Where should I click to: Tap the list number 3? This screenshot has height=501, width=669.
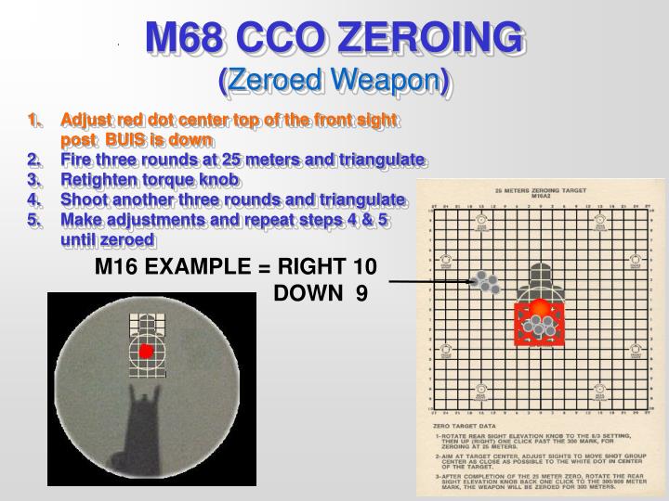pos(34,179)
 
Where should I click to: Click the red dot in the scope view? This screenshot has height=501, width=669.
pos(146,352)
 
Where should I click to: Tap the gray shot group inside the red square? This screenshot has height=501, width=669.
pos(538,324)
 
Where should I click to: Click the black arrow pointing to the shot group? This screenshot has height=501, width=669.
pos(427,280)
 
